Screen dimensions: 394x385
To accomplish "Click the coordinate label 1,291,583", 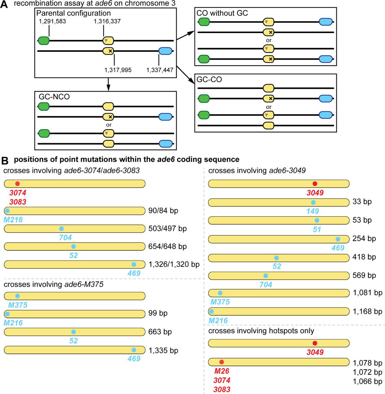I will pyautogui.click(x=52, y=21).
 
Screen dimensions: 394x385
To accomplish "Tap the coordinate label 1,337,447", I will pyautogui.click(x=160, y=70).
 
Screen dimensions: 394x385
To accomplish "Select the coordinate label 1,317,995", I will pyautogui.click(x=118, y=70).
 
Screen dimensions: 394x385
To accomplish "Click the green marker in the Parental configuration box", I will pyautogui.click(x=44, y=41).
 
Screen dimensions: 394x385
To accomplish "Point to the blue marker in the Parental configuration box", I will pyautogui.click(x=166, y=51).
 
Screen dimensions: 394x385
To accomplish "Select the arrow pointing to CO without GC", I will pyautogui.click(x=185, y=35).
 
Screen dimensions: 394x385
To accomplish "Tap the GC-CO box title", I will pyautogui.click(x=209, y=80).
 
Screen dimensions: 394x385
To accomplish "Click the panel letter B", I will pyautogui.click(x=4, y=160).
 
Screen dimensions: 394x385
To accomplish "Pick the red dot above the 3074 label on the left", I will pyautogui.click(x=17, y=184).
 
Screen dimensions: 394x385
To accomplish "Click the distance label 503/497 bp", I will pyautogui.click(x=167, y=228).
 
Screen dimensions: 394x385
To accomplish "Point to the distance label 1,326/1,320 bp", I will pyautogui.click(x=174, y=264).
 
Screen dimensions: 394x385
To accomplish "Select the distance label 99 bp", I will pyautogui.click(x=158, y=313).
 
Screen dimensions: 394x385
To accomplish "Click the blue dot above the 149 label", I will pyautogui.click(x=313, y=202).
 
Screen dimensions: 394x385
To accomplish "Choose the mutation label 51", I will pyautogui.click(x=317, y=229).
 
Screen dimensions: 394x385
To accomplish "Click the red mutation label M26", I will pyautogui.click(x=222, y=371).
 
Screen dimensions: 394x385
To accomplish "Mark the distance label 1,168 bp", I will pyautogui.click(x=367, y=312).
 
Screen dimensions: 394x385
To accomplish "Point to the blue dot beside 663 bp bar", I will pyautogui.click(x=73, y=332).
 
